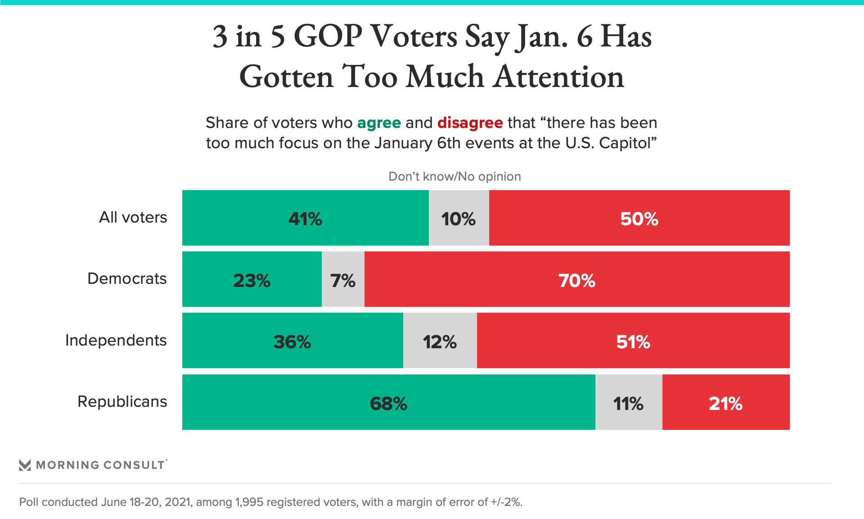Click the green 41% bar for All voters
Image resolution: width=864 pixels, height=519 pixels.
coord(305,218)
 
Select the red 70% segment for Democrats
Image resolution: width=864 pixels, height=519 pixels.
coord(576,279)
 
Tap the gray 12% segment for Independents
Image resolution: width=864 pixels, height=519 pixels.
coord(440,341)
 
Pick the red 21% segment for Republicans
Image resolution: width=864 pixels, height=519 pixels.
coord(725,402)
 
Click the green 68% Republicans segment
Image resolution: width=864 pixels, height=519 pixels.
coord(388,402)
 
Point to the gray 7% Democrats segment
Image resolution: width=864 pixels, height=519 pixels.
coord(343,279)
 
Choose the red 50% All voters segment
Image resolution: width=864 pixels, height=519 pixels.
coord(639,218)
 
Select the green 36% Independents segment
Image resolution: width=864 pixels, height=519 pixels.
coord(292,341)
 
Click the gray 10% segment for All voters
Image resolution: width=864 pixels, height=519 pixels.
coord(459,218)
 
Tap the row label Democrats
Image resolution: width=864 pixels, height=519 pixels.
coord(127,279)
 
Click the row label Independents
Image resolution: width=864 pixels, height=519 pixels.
coord(116,340)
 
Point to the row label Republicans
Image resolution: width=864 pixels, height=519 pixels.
coord(122,401)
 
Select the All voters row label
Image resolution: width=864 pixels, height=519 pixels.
coord(133,218)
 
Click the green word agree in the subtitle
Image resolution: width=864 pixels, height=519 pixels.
coord(379,123)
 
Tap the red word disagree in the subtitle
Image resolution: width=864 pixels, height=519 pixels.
coord(470,123)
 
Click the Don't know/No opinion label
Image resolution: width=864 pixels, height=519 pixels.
coord(454,177)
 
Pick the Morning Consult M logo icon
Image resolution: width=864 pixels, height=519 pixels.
coord(25,465)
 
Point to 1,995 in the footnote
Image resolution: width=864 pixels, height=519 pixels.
coord(249,502)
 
